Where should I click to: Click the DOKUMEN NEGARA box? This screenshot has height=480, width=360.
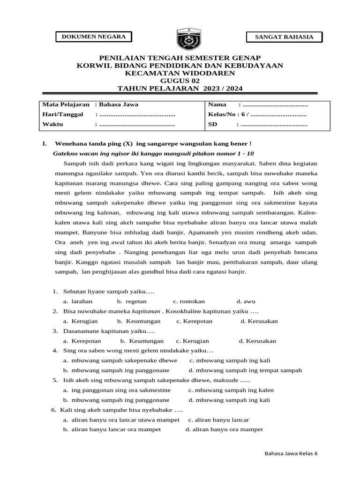(x=94, y=37)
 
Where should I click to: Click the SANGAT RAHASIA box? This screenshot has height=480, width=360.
(x=284, y=37)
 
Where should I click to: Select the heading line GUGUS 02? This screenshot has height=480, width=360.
(x=180, y=81)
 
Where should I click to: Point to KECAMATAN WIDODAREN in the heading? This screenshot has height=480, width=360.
(x=180, y=73)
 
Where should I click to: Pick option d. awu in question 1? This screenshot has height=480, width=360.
(x=246, y=301)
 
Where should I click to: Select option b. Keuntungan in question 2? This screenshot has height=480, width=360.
(x=139, y=321)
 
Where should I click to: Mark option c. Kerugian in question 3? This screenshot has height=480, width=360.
(x=192, y=341)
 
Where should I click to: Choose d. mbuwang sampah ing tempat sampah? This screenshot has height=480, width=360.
(x=245, y=370)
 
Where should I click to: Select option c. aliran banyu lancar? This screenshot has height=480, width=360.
(x=218, y=420)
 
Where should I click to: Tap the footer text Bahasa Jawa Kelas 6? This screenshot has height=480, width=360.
(x=291, y=454)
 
